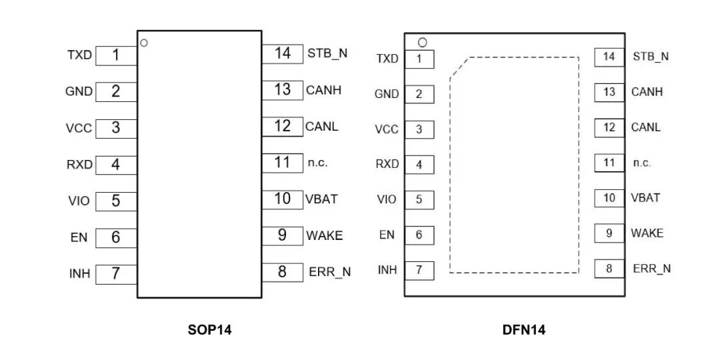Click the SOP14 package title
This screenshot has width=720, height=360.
(209, 329)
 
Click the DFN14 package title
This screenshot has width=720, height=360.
(524, 329)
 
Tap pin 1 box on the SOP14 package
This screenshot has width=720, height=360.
(116, 55)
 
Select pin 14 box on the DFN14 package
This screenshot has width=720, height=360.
(609, 57)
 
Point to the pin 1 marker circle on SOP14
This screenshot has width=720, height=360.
(144, 43)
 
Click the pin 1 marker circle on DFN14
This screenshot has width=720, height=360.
(421, 43)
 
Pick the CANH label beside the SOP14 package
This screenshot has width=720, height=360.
(323, 89)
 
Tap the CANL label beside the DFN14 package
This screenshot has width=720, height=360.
(646, 127)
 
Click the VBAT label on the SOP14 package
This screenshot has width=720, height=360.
(321, 199)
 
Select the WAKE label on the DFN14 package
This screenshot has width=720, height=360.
(647, 233)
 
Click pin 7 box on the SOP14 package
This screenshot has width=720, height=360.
(116, 273)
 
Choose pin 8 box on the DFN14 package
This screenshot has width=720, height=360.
(609, 269)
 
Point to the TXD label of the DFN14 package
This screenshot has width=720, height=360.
(387, 59)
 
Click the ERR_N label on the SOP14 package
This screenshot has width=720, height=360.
(329, 272)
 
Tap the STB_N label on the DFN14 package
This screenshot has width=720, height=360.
(651, 57)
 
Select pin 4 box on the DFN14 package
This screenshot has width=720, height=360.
(419, 164)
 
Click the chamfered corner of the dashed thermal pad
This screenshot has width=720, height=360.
(459, 67)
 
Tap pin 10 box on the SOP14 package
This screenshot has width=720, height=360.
(283, 199)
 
